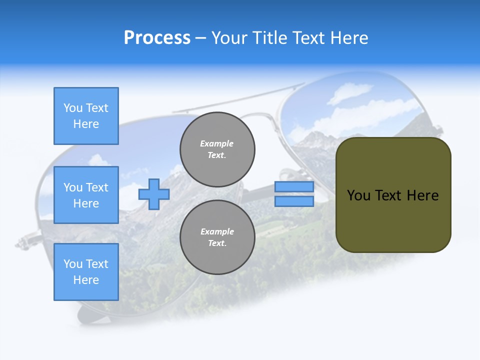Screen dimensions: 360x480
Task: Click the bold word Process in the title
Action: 157,38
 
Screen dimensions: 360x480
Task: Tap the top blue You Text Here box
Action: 86,116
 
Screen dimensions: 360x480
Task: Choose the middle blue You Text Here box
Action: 86,195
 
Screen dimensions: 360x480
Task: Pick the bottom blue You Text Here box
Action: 86,272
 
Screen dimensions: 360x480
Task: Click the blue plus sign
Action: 154,194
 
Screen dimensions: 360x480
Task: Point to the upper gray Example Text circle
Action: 217,149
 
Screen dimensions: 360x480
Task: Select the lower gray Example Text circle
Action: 217,237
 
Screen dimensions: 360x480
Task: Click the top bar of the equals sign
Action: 294,187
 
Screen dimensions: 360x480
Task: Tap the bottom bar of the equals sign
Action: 294,201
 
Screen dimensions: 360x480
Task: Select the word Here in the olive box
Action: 422,195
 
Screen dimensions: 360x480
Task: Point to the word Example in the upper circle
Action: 217,143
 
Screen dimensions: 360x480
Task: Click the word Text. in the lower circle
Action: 217,243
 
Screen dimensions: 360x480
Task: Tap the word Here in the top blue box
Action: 86,124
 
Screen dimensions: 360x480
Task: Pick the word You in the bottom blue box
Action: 73,264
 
